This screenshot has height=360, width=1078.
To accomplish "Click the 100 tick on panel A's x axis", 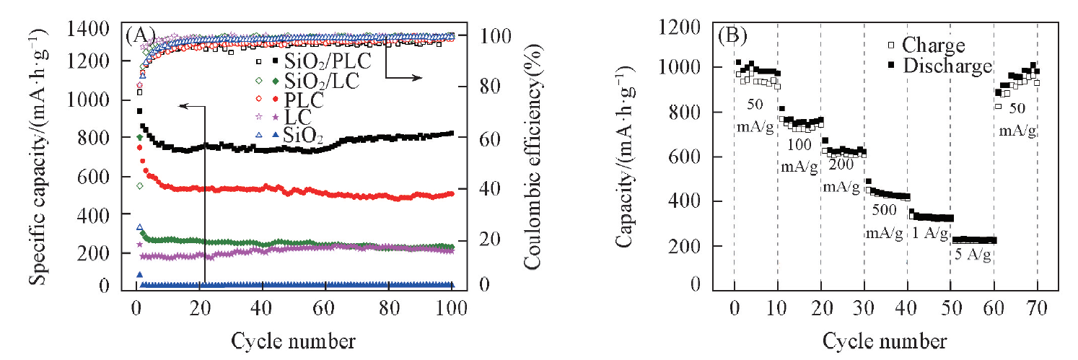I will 452,304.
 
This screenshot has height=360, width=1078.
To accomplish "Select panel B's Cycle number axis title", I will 885,338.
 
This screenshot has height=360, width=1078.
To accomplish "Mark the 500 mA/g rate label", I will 884,222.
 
